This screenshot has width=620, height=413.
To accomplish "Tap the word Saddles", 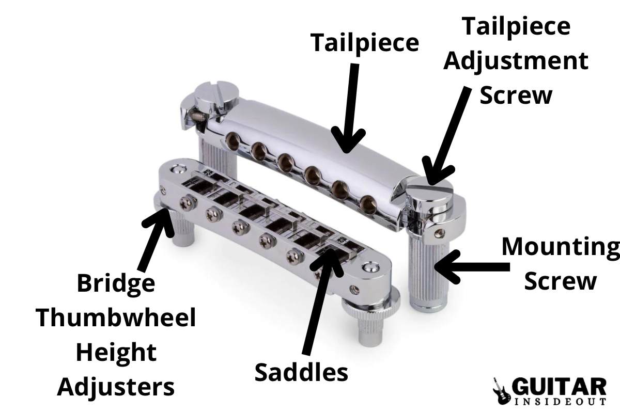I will (x=301, y=372).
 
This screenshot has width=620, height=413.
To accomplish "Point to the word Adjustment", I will (x=516, y=61).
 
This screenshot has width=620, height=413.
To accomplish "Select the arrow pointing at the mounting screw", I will (x=468, y=266).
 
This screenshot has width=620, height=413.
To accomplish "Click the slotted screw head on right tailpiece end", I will (x=429, y=194).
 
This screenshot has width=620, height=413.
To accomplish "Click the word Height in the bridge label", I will (x=115, y=353).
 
